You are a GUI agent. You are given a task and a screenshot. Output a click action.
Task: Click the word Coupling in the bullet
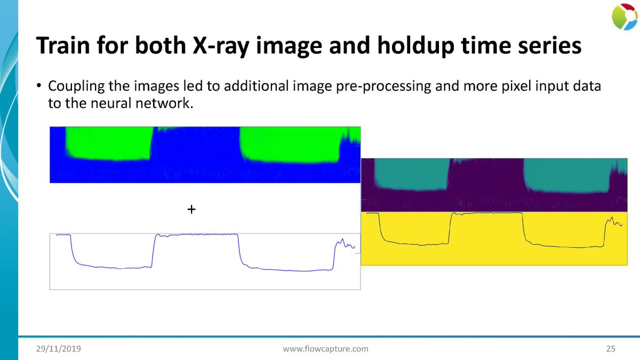coord(73,86)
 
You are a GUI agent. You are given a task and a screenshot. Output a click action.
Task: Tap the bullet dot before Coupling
coord(39,87)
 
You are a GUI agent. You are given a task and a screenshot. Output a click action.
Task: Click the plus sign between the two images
coord(191,210)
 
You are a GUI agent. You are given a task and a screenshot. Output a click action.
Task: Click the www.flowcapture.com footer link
coord(325,349)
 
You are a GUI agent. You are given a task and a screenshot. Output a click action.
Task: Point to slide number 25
coord(611,349)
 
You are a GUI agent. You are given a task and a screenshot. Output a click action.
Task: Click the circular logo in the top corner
coord(624,17)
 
